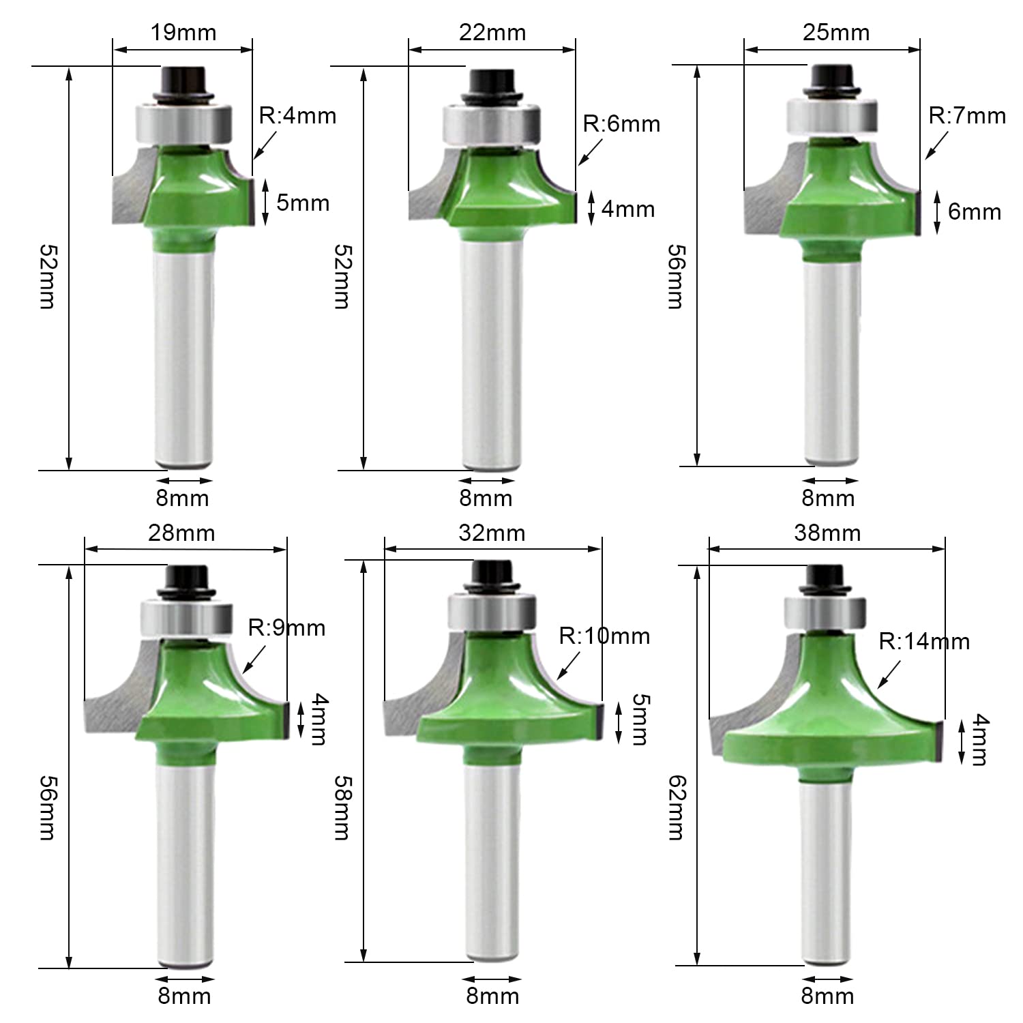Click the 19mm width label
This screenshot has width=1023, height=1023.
pos(183,32)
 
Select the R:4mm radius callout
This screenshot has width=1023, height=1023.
pos(297,115)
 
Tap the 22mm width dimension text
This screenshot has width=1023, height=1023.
pos(492,32)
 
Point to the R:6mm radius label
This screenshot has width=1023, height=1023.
pos(621,123)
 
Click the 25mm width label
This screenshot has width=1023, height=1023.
pos(836,32)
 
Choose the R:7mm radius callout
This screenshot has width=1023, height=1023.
pos(967,115)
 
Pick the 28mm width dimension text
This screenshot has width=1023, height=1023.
pos(181,533)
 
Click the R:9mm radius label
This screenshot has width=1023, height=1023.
pos(286,627)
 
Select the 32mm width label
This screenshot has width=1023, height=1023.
pos(492,533)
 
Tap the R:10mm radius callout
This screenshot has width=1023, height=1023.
pos(604,636)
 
